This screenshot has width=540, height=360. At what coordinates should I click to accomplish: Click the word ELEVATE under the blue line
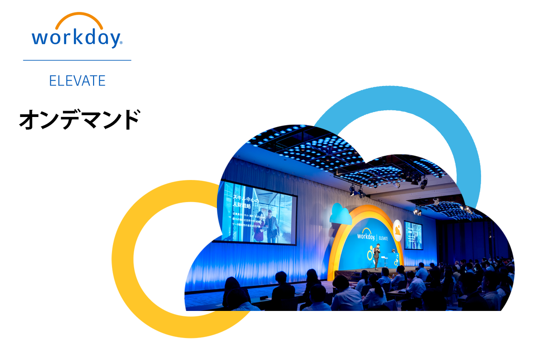tap(77, 81)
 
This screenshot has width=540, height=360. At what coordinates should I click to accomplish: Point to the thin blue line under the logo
tap(77, 60)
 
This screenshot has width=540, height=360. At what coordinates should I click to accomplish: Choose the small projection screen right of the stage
tap(413, 234)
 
